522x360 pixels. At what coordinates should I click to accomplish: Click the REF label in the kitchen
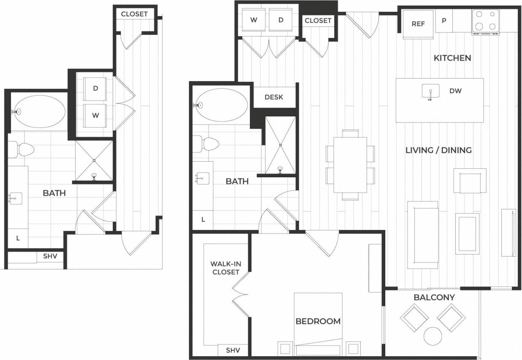click(418, 24)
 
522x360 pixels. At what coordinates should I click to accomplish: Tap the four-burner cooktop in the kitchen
click(485, 22)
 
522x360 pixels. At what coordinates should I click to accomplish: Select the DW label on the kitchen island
click(455, 91)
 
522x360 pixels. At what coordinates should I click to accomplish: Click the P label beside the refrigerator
click(444, 21)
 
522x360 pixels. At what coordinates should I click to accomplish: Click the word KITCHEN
click(452, 58)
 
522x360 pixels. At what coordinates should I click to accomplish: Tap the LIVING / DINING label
click(438, 150)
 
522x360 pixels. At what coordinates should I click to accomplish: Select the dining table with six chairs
click(350, 165)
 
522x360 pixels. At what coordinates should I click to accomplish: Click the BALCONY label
click(434, 297)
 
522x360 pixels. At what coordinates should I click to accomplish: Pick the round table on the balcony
click(433, 336)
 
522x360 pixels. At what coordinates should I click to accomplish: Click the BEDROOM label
click(318, 321)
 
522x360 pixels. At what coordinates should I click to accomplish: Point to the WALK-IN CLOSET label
click(226, 268)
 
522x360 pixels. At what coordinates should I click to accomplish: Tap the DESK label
click(274, 97)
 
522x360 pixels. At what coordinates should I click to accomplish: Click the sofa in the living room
click(422, 234)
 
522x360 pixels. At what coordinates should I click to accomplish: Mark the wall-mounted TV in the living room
click(508, 233)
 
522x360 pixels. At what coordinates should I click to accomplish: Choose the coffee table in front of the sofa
click(467, 233)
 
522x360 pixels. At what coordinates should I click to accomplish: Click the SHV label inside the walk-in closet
click(233, 350)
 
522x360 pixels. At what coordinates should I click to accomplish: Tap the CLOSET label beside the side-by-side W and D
click(318, 21)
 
